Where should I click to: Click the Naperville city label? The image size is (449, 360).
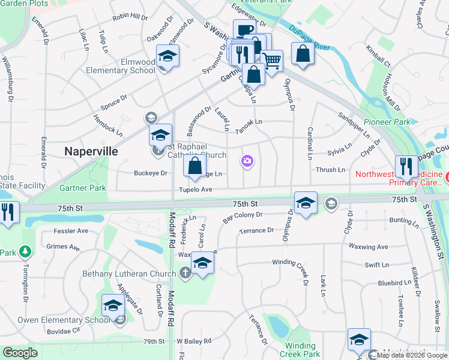coord(91,151)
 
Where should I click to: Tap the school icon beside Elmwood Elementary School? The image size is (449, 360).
coord(168,57)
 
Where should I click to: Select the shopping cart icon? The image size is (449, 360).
coord(272,61)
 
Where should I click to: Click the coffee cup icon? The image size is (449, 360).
coord(244,31)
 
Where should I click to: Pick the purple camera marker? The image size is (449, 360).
coord(247,161)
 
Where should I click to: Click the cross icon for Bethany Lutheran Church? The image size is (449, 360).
coord(185,274)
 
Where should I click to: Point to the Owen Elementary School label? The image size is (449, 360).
coord(64,320)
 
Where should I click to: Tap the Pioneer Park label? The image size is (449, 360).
coord(391,121)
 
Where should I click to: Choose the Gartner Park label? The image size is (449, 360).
coord(83,188)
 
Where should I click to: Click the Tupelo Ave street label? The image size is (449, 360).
coord(196,190)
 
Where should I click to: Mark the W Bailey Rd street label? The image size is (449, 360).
coord(194,341)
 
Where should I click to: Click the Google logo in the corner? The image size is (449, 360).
coord(20,353)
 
